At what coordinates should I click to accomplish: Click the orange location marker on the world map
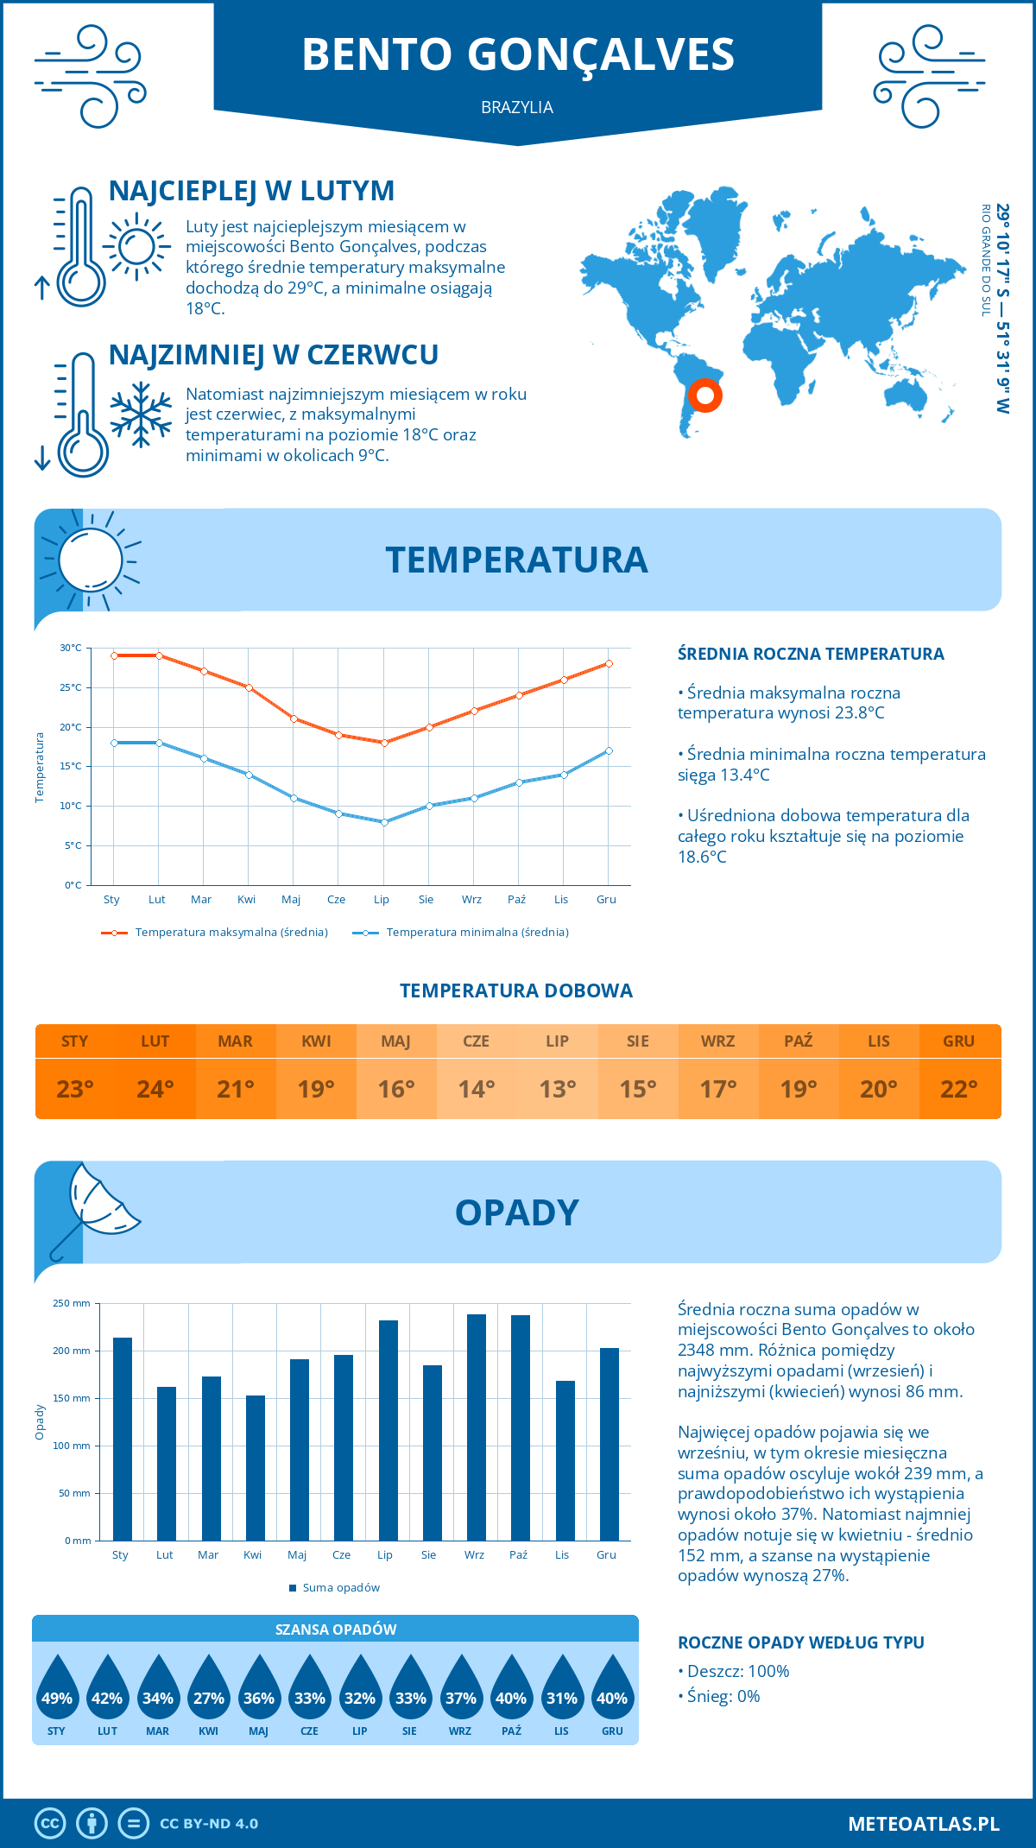705,396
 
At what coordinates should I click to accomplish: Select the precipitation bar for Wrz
476,1427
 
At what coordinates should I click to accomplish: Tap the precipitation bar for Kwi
255,1467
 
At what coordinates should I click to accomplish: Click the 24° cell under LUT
155,1089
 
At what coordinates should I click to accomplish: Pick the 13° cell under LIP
557,1089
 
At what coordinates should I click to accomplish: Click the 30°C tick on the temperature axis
71,648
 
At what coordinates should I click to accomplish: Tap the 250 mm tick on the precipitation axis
72,1303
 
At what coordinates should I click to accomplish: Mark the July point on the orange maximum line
384,743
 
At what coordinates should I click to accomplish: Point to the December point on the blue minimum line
609,750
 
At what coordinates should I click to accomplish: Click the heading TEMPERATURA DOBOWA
516,990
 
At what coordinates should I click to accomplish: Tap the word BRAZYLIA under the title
517,107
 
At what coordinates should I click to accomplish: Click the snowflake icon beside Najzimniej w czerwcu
141,415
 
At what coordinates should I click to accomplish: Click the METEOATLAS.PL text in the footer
924,1824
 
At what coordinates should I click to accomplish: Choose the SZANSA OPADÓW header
336,1630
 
